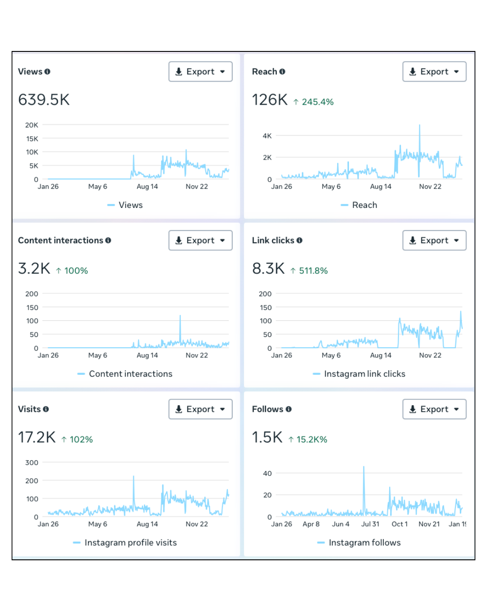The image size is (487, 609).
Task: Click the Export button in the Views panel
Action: click(200, 72)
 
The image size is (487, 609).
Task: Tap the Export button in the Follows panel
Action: click(434, 409)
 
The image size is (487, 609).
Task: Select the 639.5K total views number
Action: click(44, 100)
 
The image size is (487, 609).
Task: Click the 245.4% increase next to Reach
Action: click(314, 102)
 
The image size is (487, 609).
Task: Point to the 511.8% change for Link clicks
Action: click(309, 271)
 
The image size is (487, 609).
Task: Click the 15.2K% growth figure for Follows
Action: click(308, 439)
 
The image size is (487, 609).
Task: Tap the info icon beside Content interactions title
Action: click(108, 240)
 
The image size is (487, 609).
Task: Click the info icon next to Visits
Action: click(46, 409)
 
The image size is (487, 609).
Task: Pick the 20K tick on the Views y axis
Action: click(32, 125)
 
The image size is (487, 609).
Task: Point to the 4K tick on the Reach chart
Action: click(267, 136)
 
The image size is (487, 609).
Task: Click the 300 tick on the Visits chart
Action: click(32, 462)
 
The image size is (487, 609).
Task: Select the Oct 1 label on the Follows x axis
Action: click(400, 524)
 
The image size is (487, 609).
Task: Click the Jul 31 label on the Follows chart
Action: click(370, 524)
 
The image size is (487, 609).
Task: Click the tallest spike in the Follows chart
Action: click(364, 467)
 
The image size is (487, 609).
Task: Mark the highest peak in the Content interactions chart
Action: click(180, 316)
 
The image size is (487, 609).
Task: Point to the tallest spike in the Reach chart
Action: click(419, 125)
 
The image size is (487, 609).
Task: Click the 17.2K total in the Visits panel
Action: click(37, 437)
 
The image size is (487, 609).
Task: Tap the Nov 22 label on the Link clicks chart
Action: click(430, 355)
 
